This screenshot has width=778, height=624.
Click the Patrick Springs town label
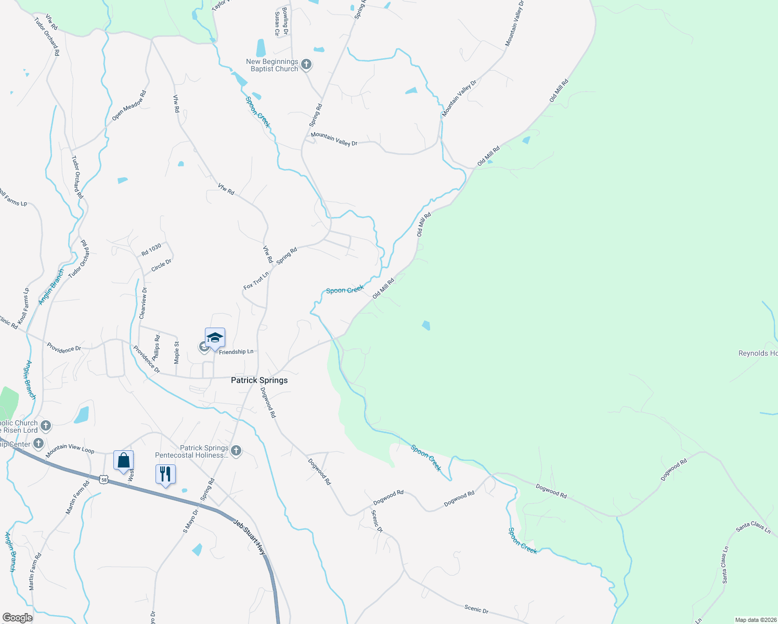259,380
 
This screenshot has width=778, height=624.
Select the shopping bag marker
124,461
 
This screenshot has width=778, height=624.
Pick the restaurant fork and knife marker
165,474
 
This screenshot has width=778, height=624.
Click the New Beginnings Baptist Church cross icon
306,64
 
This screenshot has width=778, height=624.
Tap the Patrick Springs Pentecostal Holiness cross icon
236,451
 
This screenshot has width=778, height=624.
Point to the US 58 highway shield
105,480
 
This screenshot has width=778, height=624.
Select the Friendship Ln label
236,352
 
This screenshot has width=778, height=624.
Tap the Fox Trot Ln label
256,280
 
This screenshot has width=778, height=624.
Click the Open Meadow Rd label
129,106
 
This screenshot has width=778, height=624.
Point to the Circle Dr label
161,266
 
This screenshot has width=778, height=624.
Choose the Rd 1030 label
151,250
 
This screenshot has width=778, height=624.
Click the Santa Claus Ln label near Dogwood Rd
753,527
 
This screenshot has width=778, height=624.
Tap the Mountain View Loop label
70,450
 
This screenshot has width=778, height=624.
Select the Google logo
17,618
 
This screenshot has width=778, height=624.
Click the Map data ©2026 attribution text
755,620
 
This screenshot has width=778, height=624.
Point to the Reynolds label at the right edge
758,353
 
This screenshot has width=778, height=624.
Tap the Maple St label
177,353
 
